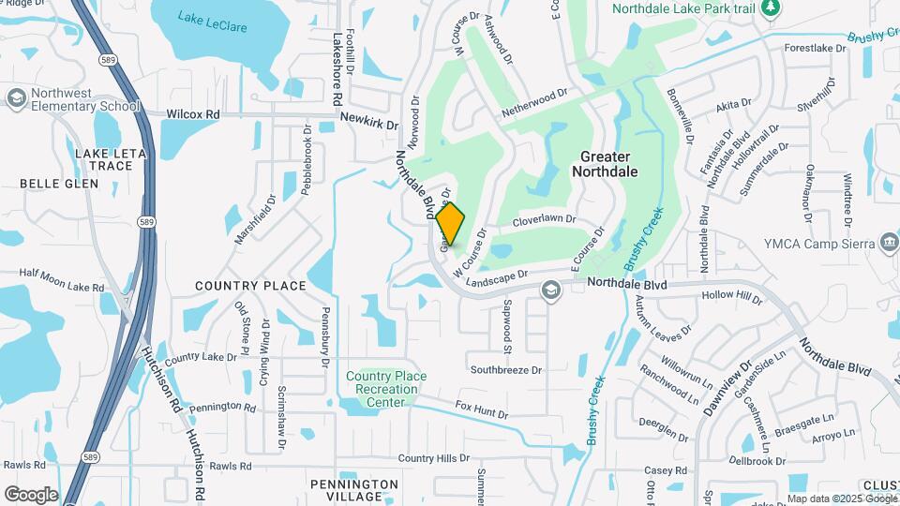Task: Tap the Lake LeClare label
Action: (213, 22)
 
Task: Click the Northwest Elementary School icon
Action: (16, 98)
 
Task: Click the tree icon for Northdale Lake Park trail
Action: (771, 8)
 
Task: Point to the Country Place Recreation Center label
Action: (385, 389)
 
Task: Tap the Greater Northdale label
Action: (605, 164)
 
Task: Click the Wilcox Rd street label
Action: (192, 114)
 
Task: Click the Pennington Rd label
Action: (222, 408)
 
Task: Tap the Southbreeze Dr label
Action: (506, 369)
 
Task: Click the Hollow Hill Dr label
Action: (733, 295)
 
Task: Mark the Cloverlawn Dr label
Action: (544, 222)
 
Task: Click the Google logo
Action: (31, 494)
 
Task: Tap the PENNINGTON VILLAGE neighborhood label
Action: (354, 490)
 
